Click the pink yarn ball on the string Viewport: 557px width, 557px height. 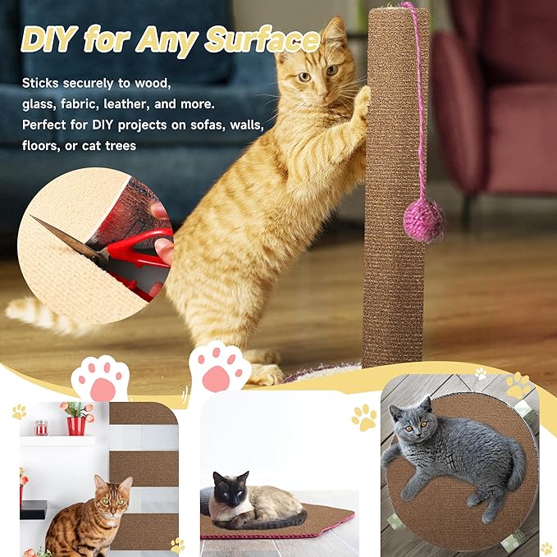pos(424,220)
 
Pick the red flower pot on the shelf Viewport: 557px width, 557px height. pos(76,425)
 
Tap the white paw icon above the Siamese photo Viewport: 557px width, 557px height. pos(220,366)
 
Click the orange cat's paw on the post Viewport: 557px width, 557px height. pos(362,102)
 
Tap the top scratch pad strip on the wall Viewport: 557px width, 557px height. pos(143,413)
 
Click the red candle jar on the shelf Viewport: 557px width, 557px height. pos(41,427)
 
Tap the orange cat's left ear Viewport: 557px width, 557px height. pos(332,34)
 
